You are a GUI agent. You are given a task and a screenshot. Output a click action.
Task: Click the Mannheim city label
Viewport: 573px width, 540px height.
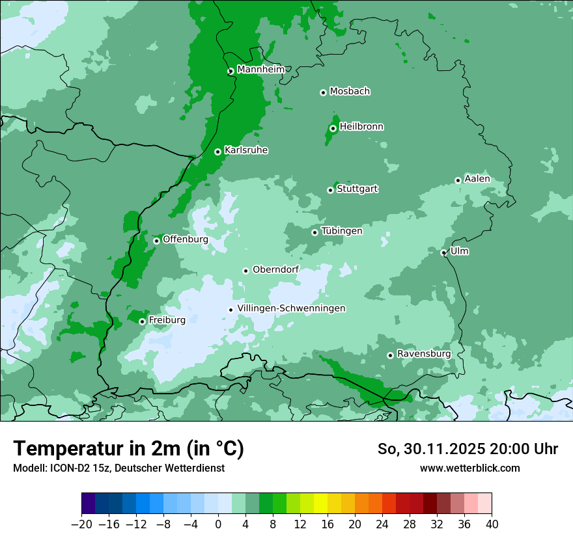click(x=262, y=70)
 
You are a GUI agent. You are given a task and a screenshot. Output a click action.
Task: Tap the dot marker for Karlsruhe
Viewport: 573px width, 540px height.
click(x=217, y=152)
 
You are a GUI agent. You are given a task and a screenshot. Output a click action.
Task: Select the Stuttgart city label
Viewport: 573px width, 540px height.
click(x=357, y=189)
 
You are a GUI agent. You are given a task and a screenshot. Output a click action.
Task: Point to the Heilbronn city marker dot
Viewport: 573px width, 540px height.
click(x=333, y=128)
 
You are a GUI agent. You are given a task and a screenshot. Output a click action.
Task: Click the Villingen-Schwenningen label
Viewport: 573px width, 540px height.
click(x=291, y=308)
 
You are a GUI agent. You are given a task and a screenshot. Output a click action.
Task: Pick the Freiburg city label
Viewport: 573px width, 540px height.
click(x=167, y=320)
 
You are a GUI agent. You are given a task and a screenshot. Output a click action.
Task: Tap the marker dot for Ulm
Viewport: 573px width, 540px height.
click(x=443, y=252)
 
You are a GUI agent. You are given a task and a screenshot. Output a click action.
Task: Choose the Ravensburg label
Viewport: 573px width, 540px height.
click(x=423, y=354)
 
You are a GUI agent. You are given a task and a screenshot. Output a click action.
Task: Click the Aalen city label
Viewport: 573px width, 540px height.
click(x=477, y=179)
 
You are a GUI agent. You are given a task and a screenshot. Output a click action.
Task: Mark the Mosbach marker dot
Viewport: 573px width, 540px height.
click(x=323, y=92)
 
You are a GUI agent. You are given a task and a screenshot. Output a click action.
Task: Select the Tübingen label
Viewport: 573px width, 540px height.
click(x=341, y=231)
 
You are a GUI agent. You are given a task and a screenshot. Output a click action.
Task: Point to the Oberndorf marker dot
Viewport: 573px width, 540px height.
click(x=245, y=271)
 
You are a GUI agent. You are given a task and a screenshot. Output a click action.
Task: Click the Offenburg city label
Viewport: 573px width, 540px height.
click(x=185, y=239)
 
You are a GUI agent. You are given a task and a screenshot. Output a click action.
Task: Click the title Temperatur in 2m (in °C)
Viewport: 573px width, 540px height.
click(x=128, y=448)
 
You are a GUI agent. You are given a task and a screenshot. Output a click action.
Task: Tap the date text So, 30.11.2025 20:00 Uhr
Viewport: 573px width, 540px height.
click(x=468, y=449)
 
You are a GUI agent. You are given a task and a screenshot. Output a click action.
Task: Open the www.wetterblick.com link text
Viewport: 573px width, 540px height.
click(x=469, y=468)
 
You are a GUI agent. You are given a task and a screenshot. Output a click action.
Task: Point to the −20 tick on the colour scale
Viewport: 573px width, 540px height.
click(x=81, y=524)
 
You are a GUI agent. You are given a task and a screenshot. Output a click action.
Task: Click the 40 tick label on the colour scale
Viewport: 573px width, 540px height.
click(x=492, y=524)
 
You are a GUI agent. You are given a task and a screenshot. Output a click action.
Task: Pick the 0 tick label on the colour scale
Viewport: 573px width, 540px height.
click(x=218, y=524)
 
